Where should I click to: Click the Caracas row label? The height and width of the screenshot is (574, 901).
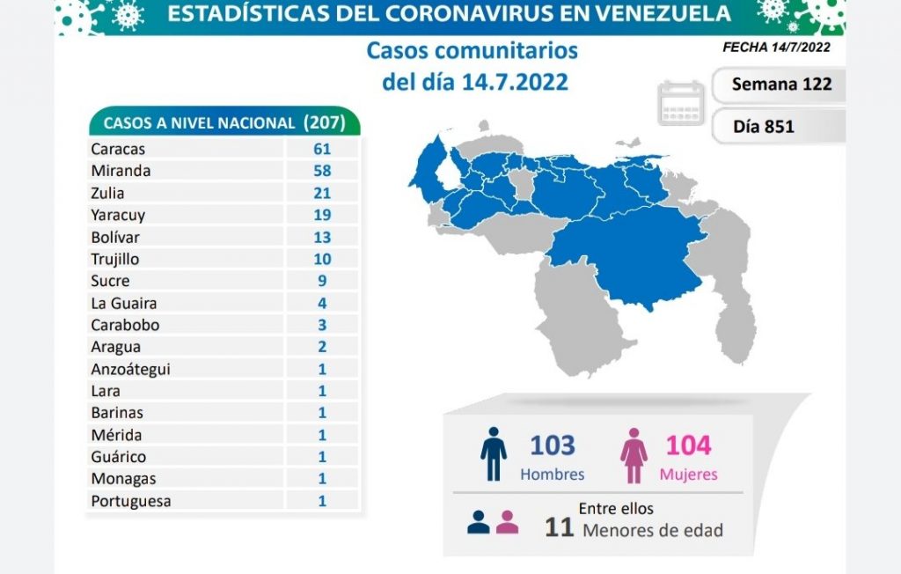coord(118,149)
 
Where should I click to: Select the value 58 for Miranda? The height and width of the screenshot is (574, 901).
coord(321,171)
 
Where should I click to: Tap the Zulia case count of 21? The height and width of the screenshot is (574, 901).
coord(321,193)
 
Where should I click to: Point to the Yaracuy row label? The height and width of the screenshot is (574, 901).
coord(118,215)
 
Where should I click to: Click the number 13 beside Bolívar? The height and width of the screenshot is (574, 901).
coord(321,237)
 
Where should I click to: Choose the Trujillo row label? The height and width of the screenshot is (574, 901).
coord(114,259)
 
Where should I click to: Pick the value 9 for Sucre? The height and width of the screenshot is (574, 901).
coord(321,281)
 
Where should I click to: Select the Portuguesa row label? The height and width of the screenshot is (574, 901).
coord(130,501)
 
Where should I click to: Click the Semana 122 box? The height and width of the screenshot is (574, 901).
coord(776,85)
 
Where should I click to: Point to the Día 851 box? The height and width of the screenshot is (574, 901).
coord(764,126)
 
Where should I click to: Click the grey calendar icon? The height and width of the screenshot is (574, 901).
coord(681,102)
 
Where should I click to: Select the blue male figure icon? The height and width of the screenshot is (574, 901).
coord(494,454)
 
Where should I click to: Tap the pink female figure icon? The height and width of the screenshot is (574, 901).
coord(634,454)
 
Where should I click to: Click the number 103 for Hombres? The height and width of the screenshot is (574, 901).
coord(553,445)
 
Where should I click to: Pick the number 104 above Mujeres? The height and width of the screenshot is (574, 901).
coord(688,445)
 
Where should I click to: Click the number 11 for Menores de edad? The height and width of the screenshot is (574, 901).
coord(559,528)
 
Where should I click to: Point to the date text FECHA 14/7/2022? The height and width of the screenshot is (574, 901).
coord(775,48)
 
